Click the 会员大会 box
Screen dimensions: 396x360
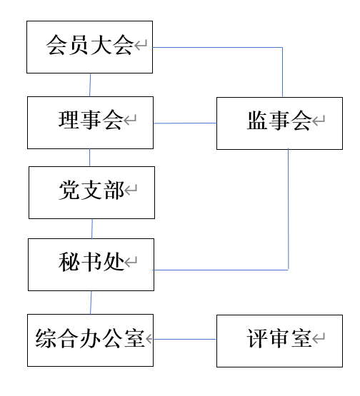[x=89, y=47]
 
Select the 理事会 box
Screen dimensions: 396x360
[x=90, y=122]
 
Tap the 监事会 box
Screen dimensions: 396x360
[x=279, y=123]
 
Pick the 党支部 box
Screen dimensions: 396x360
[x=91, y=192]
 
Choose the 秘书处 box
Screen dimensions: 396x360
[x=91, y=265]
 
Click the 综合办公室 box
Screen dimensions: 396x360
[x=90, y=340]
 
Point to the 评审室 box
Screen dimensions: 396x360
[x=279, y=340]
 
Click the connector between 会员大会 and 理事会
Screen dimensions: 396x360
[x=90, y=84]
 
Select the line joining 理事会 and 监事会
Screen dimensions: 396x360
[x=184, y=123]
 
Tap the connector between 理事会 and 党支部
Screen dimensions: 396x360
[x=90, y=157]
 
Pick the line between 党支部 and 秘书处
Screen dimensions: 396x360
[x=91, y=228]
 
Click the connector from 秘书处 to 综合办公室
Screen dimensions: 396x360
[x=91, y=302]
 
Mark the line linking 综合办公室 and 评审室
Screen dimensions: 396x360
[x=184, y=339]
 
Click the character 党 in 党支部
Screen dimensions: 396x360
[x=69, y=191]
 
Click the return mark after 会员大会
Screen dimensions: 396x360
[x=141, y=47]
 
